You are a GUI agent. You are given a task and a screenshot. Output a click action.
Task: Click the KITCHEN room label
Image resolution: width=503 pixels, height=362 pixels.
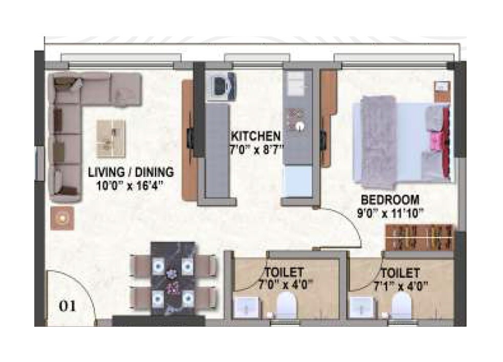(256, 136)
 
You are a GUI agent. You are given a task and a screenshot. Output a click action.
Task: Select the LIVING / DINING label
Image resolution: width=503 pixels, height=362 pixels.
(130, 172)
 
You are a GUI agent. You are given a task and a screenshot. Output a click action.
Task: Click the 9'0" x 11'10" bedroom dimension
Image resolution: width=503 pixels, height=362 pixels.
(390, 212)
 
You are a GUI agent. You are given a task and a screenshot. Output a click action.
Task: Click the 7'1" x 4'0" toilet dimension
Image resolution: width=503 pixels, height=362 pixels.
(400, 285)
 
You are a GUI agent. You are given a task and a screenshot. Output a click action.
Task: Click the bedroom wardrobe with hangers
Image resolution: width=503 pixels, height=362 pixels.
(420, 237)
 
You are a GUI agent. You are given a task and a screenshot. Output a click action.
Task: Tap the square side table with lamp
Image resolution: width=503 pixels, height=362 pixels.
(62, 218)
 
